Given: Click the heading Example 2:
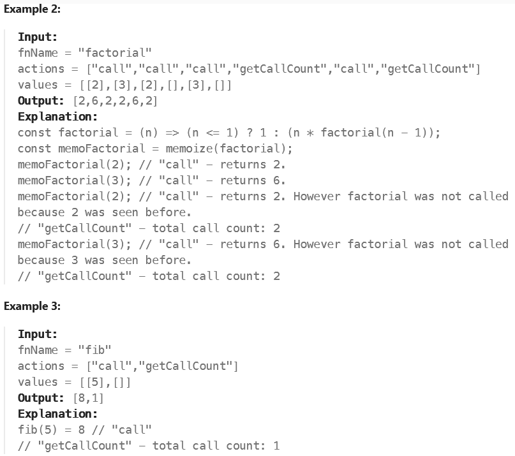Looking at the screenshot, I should coord(33,9).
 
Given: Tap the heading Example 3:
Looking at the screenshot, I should coord(33,305).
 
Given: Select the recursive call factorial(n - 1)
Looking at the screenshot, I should coord(374,133).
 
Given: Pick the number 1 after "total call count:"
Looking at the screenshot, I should coord(276,446).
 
